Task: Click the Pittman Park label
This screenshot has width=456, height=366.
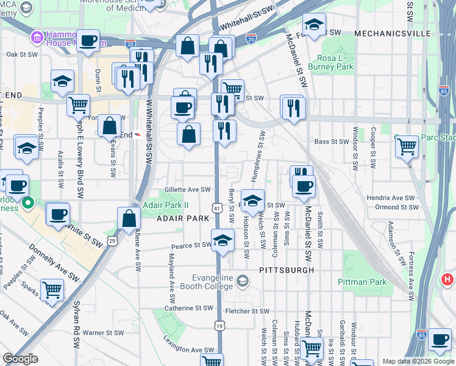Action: [x=362, y=282]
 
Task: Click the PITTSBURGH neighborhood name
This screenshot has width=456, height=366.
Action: [x=286, y=270]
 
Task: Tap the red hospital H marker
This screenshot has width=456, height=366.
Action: [x=447, y=280]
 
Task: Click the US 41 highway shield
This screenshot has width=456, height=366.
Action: [x=216, y=209]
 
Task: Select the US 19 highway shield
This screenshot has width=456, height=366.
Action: [x=218, y=328]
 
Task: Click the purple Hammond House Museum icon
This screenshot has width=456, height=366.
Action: [x=37, y=38]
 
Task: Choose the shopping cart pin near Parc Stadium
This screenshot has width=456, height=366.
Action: [x=406, y=146]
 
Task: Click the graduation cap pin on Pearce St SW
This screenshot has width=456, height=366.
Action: [x=223, y=240]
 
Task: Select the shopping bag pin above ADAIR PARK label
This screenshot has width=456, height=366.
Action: [x=129, y=218]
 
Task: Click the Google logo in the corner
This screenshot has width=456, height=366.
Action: [x=20, y=359]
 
